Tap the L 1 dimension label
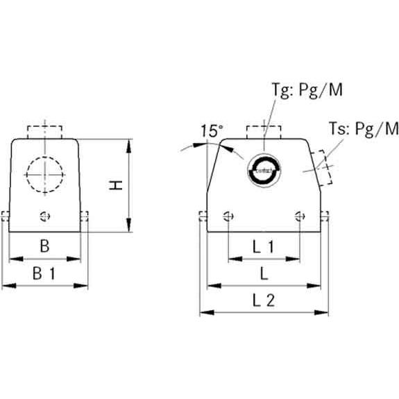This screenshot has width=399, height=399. [263, 246]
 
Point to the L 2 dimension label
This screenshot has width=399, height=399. [263, 301]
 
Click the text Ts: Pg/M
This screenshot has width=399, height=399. [364, 129]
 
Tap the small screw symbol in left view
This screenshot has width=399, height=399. [46, 215]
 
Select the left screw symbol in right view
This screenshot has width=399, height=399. [228, 215]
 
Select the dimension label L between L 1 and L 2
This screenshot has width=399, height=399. [264, 273]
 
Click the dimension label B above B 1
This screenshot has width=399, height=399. [44, 246]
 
